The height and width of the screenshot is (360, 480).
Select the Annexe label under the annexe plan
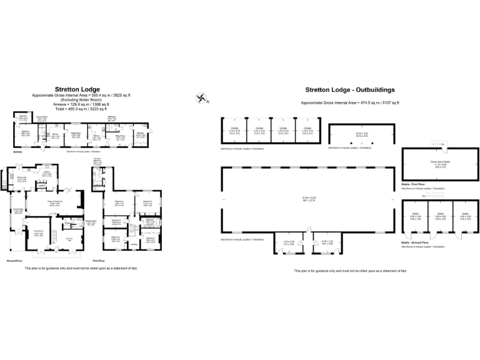coord(18,151)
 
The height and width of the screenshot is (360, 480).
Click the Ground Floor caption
coord(15,261)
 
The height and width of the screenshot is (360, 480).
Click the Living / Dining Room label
coord(59,202)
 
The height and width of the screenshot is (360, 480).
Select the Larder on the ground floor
coord(41,186)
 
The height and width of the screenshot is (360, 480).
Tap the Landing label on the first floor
coord(133,244)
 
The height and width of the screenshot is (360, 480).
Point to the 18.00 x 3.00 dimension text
coord(362,133)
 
